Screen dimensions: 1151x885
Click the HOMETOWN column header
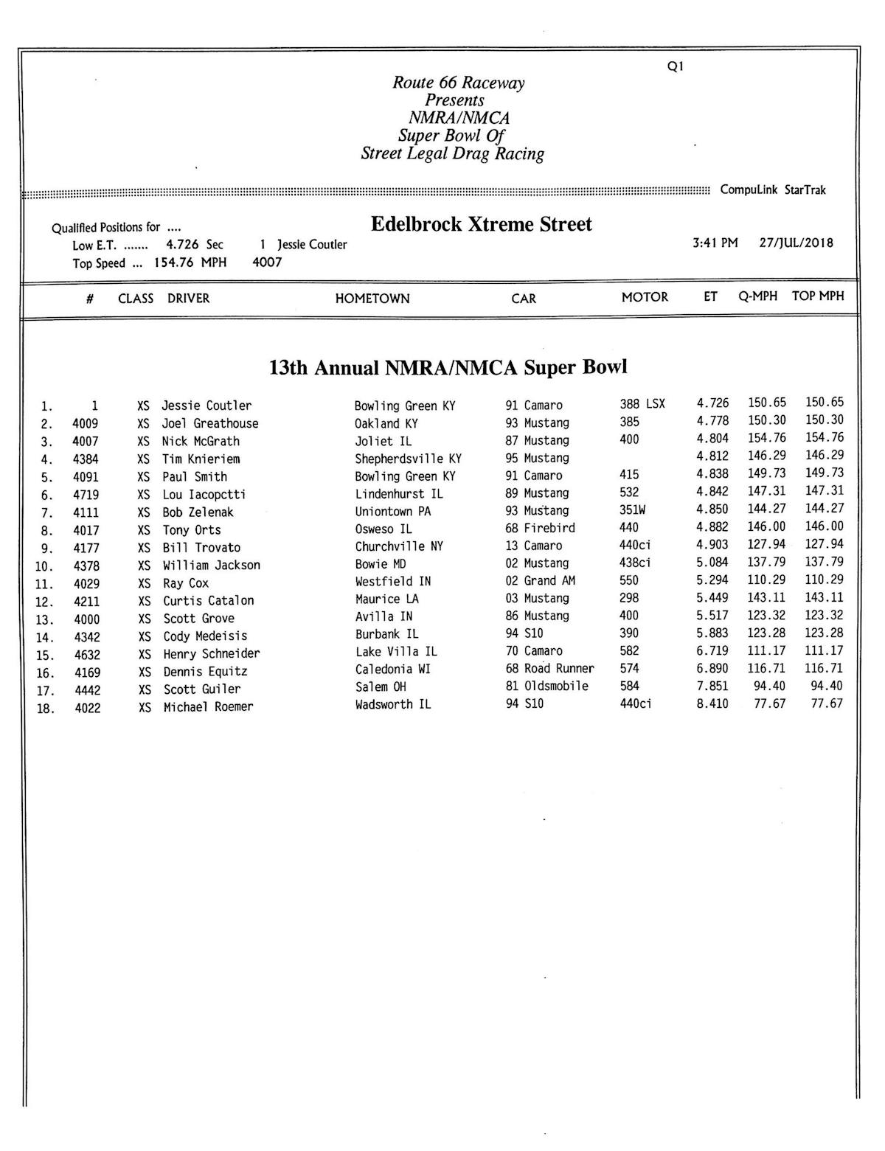coord(372,299)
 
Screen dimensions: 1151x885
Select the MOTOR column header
coord(645,297)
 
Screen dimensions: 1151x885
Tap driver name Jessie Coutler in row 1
coord(206,406)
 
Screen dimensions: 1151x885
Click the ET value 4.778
coord(712,420)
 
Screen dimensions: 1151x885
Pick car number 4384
coord(86,459)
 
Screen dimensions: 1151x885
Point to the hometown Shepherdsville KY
coord(408,459)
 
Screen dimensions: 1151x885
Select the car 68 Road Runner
coord(549,669)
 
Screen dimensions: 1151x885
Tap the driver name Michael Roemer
coord(208,707)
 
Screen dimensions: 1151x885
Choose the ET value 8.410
coord(712,703)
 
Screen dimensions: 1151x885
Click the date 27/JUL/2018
coord(796,243)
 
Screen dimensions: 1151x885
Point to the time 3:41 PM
coord(715,243)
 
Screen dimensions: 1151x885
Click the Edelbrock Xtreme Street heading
coord(481,224)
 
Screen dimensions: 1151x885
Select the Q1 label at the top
coord(676,66)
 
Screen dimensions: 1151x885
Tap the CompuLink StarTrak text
coord(773,190)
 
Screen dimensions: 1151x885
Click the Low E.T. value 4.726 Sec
coord(194,245)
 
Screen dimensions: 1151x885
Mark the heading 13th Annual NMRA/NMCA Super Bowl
coord(448,367)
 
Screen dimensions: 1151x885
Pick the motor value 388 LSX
coord(642,403)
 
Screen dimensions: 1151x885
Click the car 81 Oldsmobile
coord(546,686)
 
